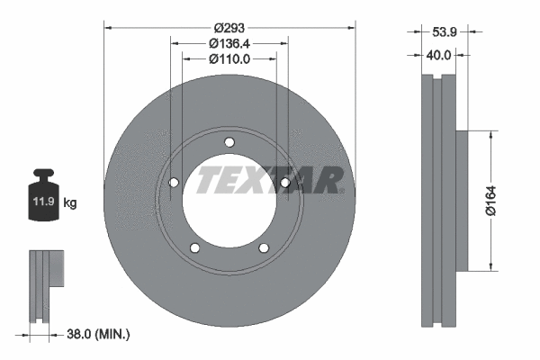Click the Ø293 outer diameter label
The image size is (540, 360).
click(x=229, y=26)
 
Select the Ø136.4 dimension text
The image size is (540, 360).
click(x=229, y=42)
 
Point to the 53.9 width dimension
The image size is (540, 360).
click(x=444, y=31)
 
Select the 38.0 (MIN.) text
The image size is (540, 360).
click(x=100, y=334)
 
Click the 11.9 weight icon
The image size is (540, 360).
click(x=44, y=193)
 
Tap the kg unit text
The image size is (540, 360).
click(x=70, y=203)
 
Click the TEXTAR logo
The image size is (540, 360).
click(x=270, y=180)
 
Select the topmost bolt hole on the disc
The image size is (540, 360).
click(x=229, y=141)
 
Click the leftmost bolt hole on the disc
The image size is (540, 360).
click(x=174, y=184)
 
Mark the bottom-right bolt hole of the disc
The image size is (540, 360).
click(x=264, y=248)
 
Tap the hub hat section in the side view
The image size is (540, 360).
click(x=462, y=200)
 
